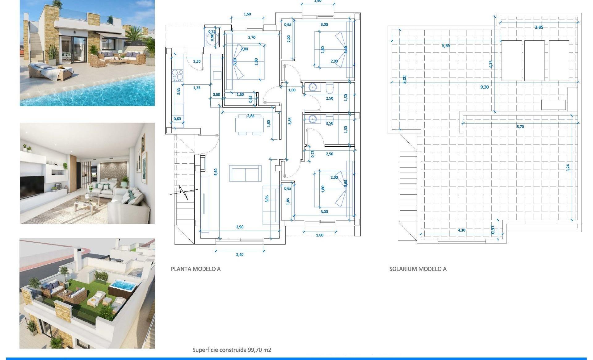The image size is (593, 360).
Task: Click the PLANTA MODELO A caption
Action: (196, 269)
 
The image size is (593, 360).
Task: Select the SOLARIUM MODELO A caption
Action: (418, 269)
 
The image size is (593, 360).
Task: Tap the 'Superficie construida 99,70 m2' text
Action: (232, 350)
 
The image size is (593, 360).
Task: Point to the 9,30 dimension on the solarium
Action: (485, 87)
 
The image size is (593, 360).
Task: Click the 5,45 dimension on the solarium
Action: (446, 45)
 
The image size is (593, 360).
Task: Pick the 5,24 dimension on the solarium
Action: (568, 168)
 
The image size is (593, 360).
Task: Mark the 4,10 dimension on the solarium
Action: (461, 230)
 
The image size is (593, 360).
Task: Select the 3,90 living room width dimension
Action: (240, 227)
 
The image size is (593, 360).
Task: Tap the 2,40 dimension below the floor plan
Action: (240, 255)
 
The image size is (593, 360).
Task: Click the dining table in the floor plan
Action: (249, 125)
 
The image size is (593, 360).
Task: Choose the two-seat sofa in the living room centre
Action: (245, 174)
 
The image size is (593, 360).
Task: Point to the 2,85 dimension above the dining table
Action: (250, 116)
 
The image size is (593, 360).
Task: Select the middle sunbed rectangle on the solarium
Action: (534, 61)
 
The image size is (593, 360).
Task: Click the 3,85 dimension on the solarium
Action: (539, 27)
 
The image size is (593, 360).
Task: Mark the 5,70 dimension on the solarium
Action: (520, 127)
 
